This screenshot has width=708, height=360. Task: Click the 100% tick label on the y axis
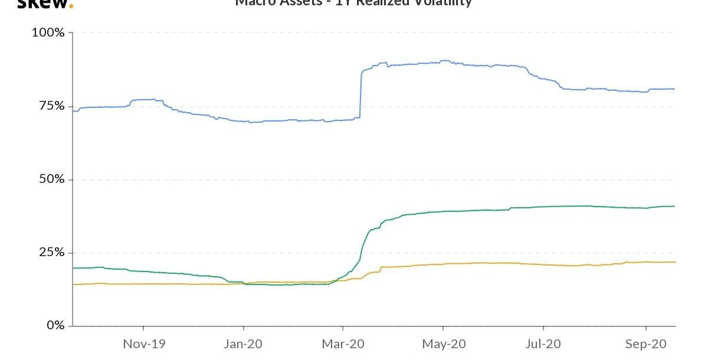pyautogui.click(x=48, y=32)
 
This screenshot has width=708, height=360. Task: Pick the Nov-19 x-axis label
pyautogui.click(x=144, y=343)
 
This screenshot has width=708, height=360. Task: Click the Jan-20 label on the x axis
pyautogui.click(x=244, y=343)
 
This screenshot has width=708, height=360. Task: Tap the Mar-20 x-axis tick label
pyautogui.click(x=343, y=343)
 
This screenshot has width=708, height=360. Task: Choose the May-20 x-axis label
pyautogui.click(x=443, y=343)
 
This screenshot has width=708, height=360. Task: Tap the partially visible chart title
pyautogui.click(x=354, y=3)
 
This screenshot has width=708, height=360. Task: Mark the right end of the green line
pyautogui.click(x=674, y=206)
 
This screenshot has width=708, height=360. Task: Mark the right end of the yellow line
pyautogui.click(x=675, y=262)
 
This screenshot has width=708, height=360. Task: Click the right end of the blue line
pyautogui.click(x=674, y=89)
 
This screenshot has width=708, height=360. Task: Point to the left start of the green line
pyautogui.click(x=73, y=268)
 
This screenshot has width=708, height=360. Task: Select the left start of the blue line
pyautogui.click(x=73, y=111)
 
